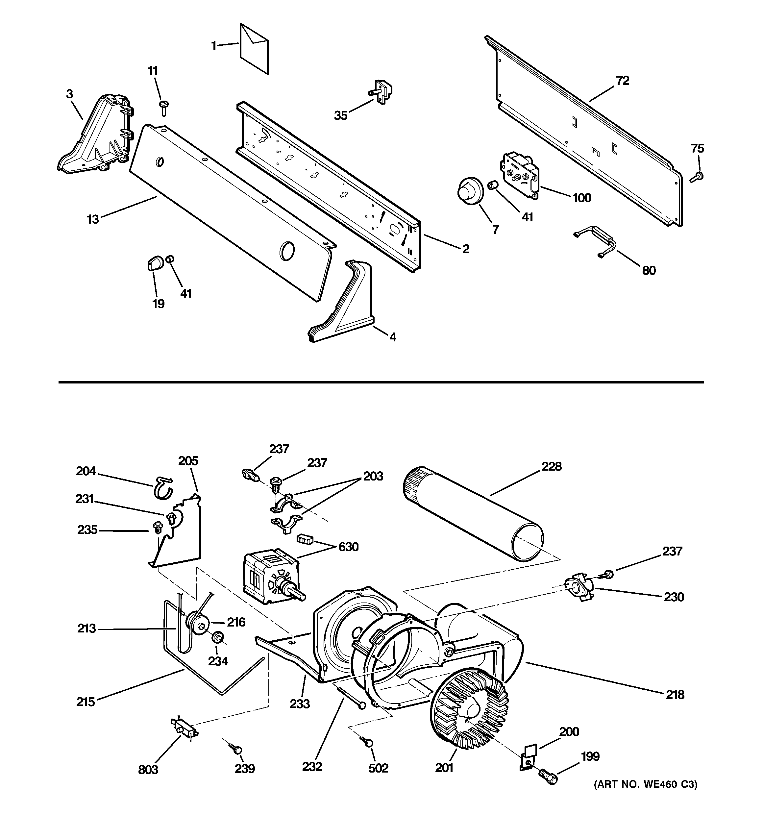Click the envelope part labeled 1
coord(254,49)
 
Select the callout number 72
coord(622,81)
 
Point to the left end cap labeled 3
coord(96,135)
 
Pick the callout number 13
coord(93,219)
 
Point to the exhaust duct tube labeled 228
coord(473,514)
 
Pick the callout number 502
coord(378,768)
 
